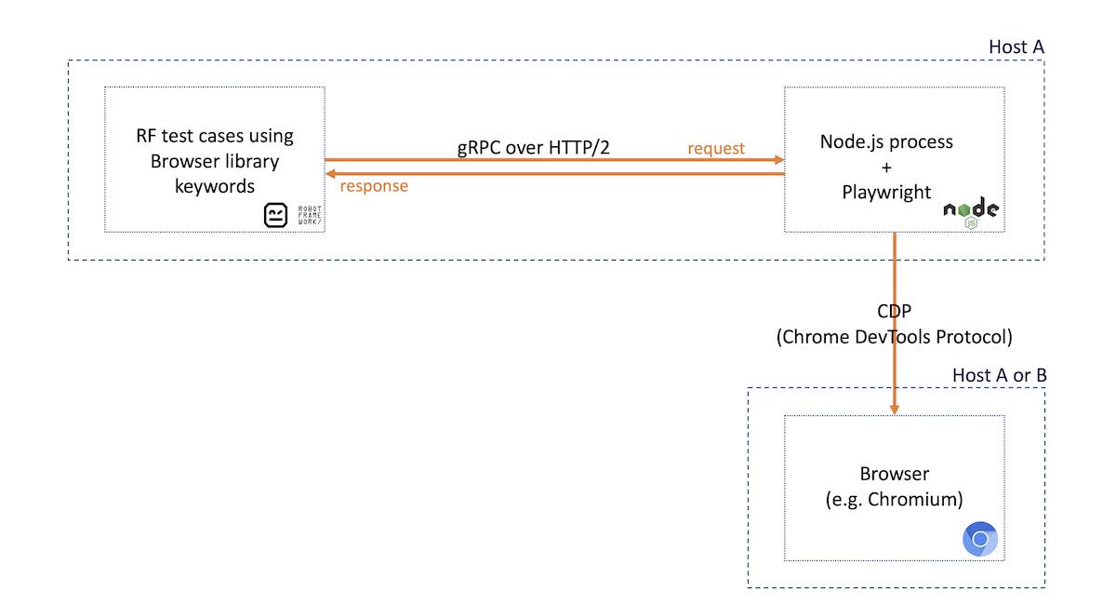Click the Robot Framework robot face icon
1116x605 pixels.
point(277,216)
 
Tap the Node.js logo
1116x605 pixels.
point(971,212)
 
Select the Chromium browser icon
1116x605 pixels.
point(980,539)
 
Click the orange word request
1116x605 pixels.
point(716,148)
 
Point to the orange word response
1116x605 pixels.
point(374,185)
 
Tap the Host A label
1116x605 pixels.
point(1016,47)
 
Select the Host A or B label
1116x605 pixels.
point(999,374)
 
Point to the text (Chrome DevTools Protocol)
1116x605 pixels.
point(894,337)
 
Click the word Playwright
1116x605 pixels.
point(886,193)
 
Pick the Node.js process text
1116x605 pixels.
point(886,142)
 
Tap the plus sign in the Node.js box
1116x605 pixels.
point(886,168)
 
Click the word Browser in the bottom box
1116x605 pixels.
point(894,474)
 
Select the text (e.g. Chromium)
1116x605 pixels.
point(894,499)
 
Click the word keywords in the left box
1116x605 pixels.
point(215,185)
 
